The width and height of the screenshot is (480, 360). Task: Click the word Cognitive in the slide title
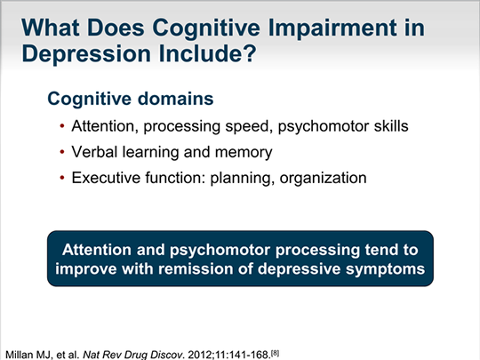(206, 28)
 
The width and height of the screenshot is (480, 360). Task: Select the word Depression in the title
(86, 53)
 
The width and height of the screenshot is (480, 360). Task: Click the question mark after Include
(250, 53)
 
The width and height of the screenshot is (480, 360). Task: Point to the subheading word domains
(175, 99)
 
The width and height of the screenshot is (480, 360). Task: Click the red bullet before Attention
(62, 126)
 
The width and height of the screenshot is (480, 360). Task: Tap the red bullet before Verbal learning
(62, 151)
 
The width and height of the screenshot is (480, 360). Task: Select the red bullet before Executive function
(62, 177)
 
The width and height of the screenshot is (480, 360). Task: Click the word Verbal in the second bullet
(94, 152)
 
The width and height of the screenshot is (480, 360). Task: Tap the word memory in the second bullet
(244, 153)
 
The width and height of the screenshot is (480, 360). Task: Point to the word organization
(323, 179)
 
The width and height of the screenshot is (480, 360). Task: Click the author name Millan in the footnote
(20, 355)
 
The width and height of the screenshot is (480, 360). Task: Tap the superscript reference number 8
(276, 352)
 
